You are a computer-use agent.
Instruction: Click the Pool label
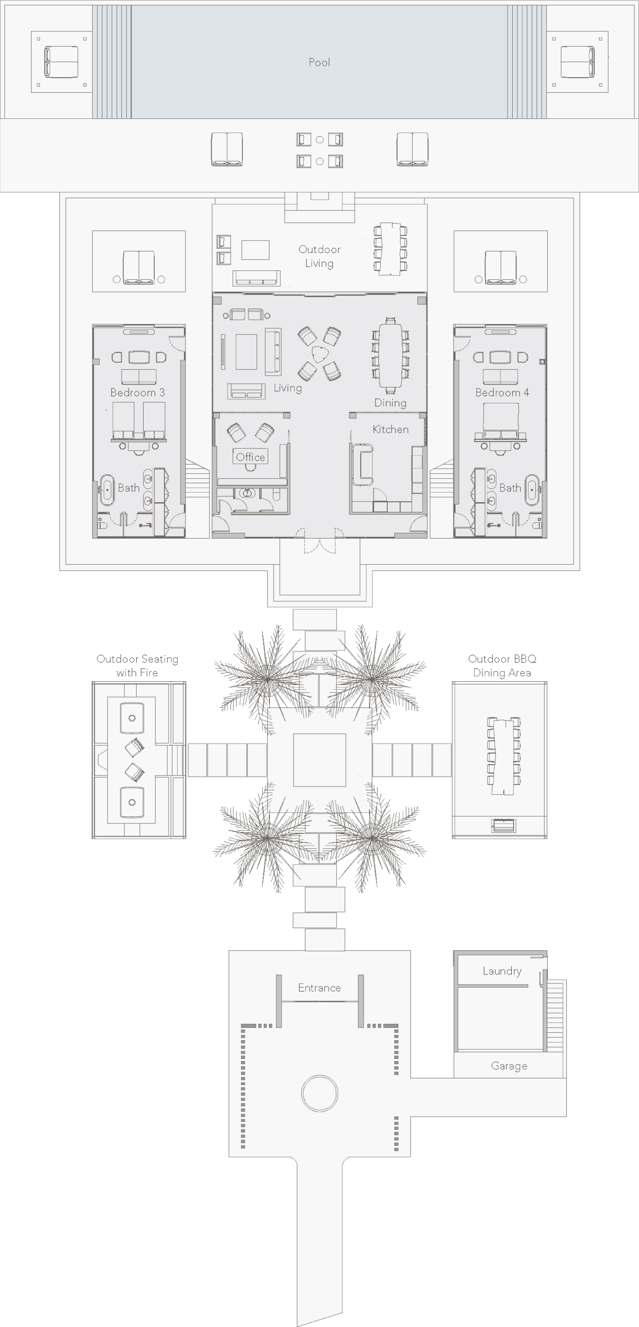click(319, 62)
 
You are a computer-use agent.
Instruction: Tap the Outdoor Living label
click(319, 256)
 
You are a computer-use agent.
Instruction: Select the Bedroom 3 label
click(138, 393)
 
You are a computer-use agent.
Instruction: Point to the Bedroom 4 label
click(502, 393)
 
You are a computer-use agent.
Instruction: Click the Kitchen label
click(390, 429)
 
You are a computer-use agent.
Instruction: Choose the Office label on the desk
click(250, 457)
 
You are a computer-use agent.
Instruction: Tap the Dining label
click(390, 403)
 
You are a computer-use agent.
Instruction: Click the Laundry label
click(502, 971)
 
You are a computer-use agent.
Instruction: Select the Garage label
click(509, 1066)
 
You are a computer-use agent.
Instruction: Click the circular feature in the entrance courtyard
click(319, 1093)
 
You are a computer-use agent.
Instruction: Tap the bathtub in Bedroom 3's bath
click(107, 489)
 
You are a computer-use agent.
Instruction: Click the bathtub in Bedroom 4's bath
click(532, 489)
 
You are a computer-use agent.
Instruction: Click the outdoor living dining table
click(390, 249)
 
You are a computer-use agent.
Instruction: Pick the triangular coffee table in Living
click(320, 353)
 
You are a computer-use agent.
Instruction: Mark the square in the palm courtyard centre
click(319, 760)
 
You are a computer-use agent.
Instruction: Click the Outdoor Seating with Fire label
click(138, 665)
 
